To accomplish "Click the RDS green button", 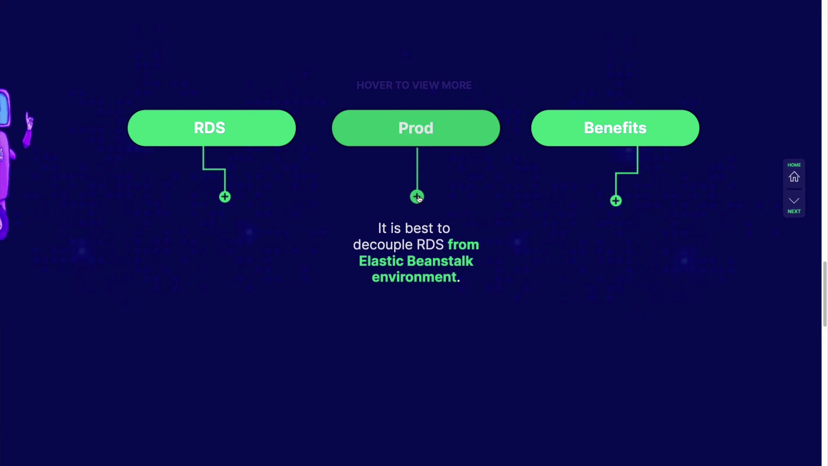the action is [211, 128].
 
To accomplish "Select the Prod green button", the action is [416, 128].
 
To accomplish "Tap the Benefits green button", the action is [615, 128].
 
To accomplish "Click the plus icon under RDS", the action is [225, 197].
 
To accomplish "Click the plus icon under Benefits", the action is [616, 201].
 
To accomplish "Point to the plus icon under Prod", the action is [417, 197].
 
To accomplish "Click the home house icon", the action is [794, 177].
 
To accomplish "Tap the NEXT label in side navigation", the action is [794, 211].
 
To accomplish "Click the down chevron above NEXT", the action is [794, 201].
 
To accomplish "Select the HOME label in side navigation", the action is [794, 165].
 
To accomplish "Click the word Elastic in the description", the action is [381, 261].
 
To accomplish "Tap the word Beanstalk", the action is [440, 261].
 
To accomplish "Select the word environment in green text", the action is [414, 277].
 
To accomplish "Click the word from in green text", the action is [463, 245].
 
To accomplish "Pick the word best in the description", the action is [419, 228].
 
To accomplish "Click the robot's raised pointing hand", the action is [29, 122].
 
